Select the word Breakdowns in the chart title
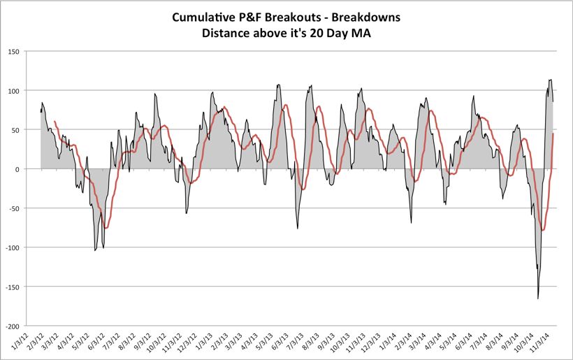tap(367, 17)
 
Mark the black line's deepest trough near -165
tap(538, 298)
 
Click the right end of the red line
tap(553, 134)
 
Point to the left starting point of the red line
tap(55, 122)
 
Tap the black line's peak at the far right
tap(551, 80)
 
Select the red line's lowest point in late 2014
tap(542, 230)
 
